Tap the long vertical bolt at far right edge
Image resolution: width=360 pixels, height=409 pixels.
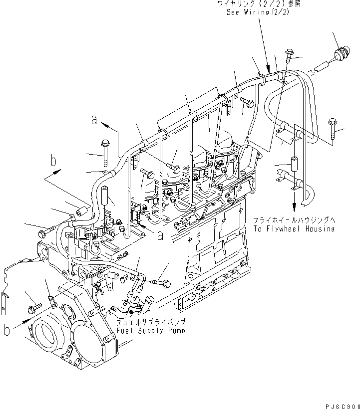pyautogui.click(x=331, y=128)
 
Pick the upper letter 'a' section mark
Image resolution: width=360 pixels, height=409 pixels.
pyautogui.click(x=93, y=120)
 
